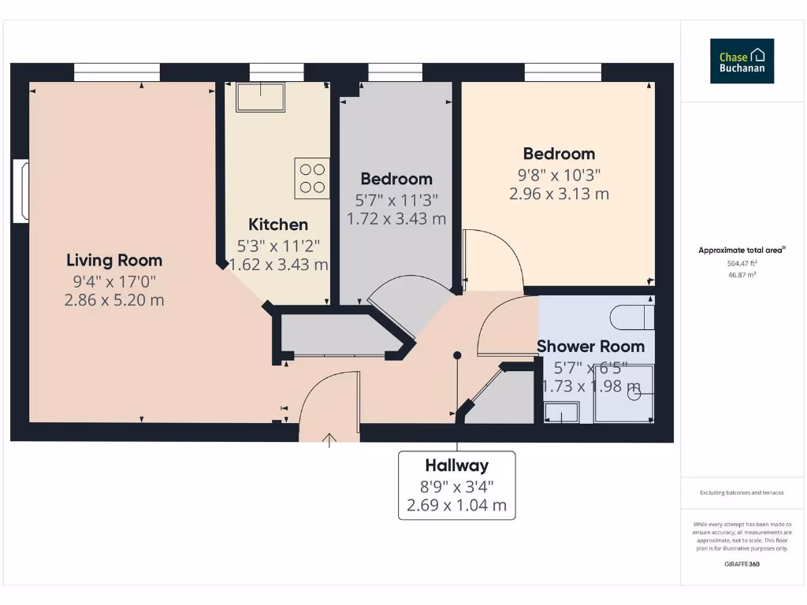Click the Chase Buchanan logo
[x=742, y=61]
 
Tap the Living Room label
[x=114, y=260]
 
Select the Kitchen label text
[x=278, y=225]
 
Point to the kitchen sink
[x=260, y=97]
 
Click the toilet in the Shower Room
[x=632, y=317]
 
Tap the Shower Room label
[x=590, y=346]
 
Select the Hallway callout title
[x=456, y=465]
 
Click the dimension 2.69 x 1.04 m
[x=456, y=505]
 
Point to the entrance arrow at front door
[x=329, y=440]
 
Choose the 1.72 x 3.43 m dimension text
[x=396, y=218]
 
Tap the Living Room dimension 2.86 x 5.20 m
[x=114, y=299]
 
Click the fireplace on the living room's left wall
[x=21, y=191]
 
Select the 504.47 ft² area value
[x=742, y=264]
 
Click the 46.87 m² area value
[x=742, y=275]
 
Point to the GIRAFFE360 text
[x=742, y=564]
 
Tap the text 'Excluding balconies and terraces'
[x=742, y=492]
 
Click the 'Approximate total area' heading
[x=742, y=251]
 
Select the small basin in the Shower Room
[x=562, y=412]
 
